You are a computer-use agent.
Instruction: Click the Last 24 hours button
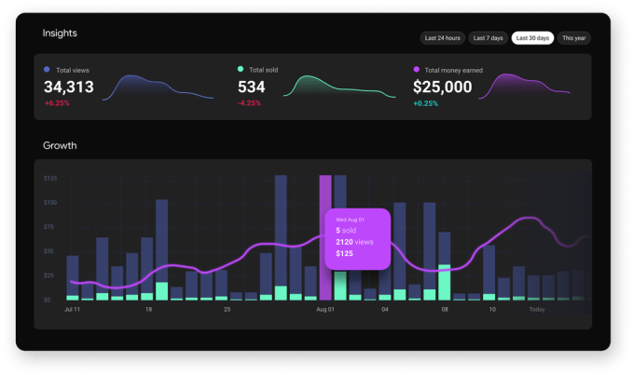(x=442, y=38)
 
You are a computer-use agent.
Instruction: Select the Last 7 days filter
(x=488, y=38)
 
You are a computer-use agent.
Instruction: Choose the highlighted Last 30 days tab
(x=532, y=38)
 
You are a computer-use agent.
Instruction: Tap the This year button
(x=574, y=38)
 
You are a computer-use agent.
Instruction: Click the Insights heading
(x=60, y=33)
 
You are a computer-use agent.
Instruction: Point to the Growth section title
(x=60, y=145)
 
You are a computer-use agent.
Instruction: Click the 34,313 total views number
(x=69, y=87)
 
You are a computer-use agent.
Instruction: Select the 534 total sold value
(x=252, y=87)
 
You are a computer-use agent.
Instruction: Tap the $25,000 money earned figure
(x=443, y=87)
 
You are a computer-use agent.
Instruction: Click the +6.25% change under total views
(x=56, y=102)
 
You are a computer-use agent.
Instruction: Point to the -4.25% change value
(x=250, y=102)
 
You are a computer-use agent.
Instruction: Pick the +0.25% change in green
(x=426, y=102)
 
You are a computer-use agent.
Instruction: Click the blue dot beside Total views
(x=47, y=69)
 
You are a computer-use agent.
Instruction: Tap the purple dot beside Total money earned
(x=416, y=69)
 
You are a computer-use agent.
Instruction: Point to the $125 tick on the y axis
(x=50, y=178)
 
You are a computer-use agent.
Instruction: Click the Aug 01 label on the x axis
(x=325, y=308)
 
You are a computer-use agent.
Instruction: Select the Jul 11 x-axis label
(x=71, y=308)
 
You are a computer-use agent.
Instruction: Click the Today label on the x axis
(x=537, y=308)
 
